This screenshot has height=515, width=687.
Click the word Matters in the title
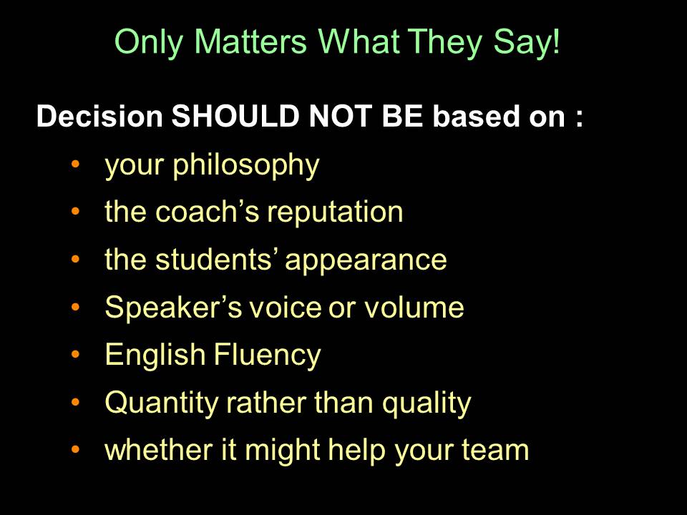pos(250,41)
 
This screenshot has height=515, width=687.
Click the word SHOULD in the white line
pos(235,116)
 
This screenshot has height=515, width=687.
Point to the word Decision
pos(99,116)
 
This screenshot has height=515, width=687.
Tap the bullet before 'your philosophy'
pos(75,165)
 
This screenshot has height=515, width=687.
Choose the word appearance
pos(366,261)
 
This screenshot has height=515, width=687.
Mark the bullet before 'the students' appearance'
pos(75,259)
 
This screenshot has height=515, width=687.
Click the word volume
pos(414,307)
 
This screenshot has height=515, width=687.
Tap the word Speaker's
pos(173,308)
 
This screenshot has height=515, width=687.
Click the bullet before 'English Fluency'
pos(75,354)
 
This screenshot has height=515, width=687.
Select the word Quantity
pos(162,403)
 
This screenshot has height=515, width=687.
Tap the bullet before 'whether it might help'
pos(75,449)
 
